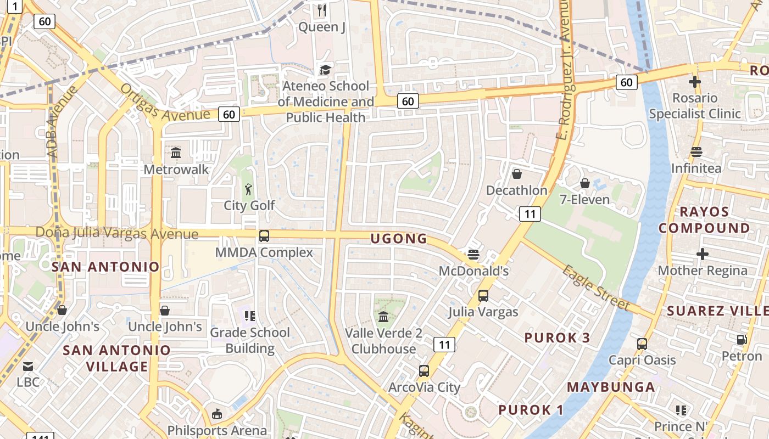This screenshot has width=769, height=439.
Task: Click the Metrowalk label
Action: [176, 169]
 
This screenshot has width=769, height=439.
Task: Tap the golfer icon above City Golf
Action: [249, 190]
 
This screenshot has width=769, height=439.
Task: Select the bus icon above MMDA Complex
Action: [264, 236]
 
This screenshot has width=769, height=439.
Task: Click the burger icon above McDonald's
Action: [473, 255]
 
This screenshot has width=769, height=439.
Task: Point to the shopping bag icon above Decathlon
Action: [516, 174]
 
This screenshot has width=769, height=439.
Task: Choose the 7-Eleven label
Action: [584, 199]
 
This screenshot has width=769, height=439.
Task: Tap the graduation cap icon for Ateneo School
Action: [325, 70]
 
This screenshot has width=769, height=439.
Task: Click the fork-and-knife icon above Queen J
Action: [322, 10]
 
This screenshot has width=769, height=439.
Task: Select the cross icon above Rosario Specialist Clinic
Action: [694, 82]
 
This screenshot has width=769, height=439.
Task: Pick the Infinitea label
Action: [696, 168]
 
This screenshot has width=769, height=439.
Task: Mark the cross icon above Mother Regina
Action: [702, 254]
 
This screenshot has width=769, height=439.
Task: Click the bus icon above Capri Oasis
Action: [642, 344]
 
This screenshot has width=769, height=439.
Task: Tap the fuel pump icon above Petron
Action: [742, 340]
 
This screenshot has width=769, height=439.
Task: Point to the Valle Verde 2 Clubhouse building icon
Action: [383, 317]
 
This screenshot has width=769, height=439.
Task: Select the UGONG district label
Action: [399, 238]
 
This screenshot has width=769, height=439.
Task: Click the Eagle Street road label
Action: [596, 287]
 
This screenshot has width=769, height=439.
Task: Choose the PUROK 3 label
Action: [557, 337]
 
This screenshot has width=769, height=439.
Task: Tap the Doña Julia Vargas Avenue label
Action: [117, 233]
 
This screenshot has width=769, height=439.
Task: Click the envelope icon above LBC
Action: [27, 366]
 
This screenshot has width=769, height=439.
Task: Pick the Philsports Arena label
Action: [217, 431]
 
